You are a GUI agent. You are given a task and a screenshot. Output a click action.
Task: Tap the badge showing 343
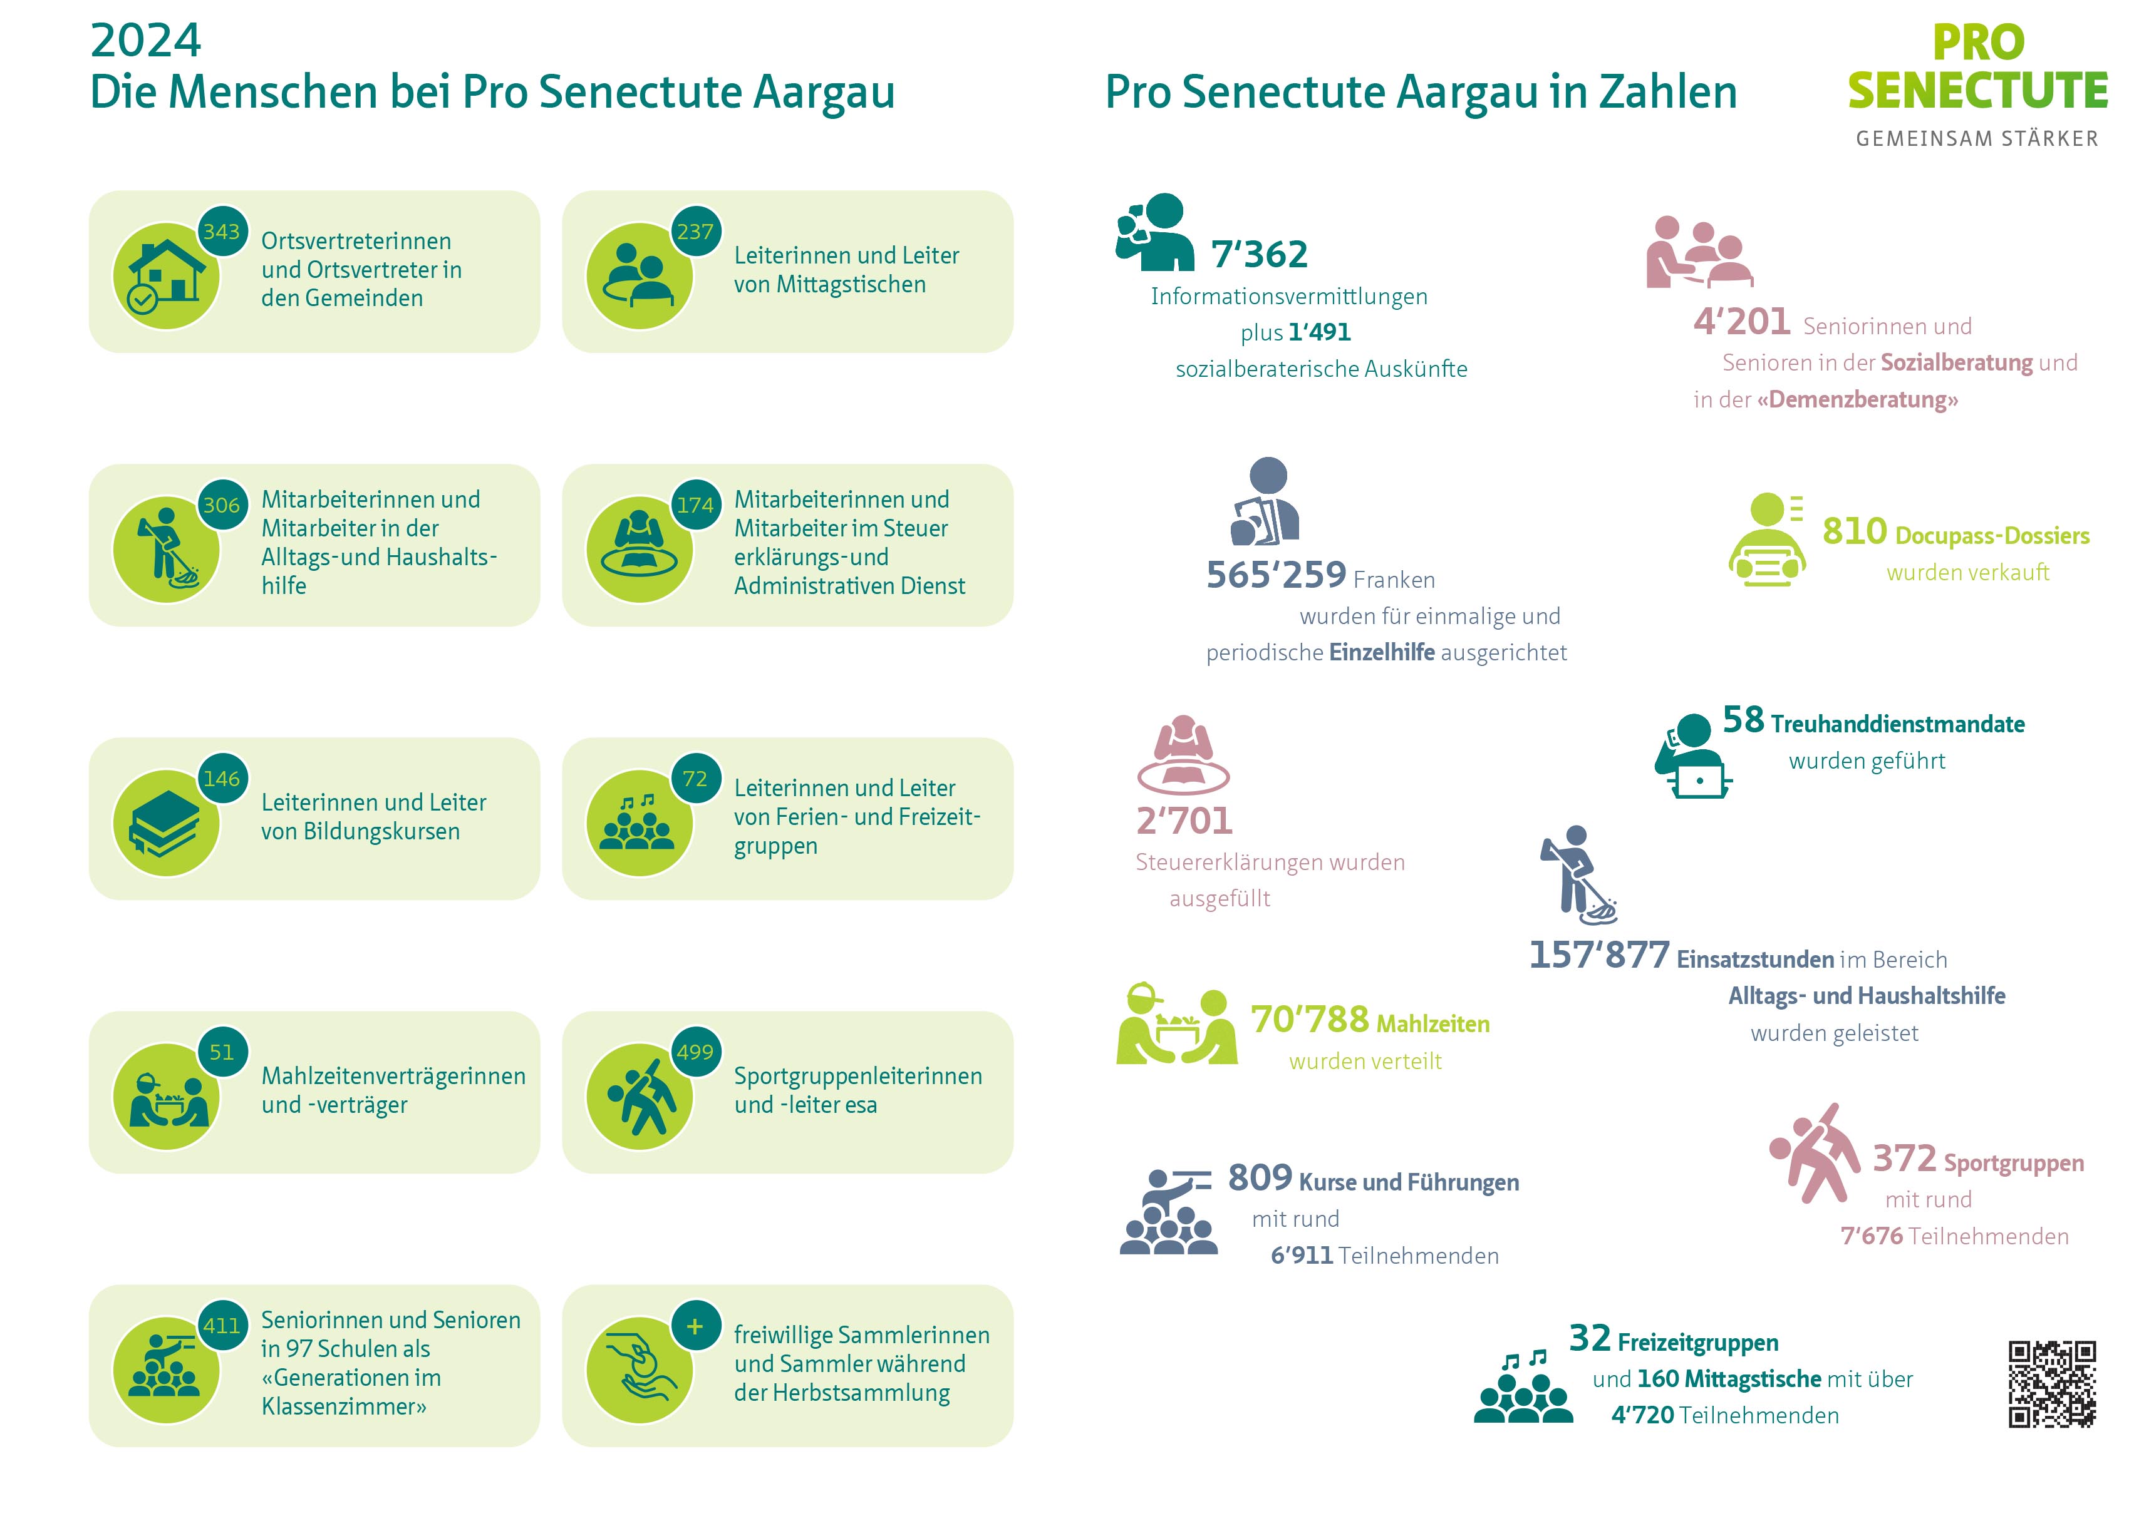[222, 231]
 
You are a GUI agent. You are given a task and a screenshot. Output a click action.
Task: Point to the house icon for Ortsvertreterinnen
[166, 276]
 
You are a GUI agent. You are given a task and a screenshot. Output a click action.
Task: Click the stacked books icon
[166, 823]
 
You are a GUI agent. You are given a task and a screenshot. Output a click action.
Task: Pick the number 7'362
[1259, 254]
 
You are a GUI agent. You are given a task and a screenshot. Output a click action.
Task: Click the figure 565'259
[1276, 574]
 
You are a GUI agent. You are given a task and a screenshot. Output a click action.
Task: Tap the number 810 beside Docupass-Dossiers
[1854, 531]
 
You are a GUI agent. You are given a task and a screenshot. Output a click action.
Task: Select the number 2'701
[1184, 821]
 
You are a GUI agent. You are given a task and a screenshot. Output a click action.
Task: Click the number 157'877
[1598, 955]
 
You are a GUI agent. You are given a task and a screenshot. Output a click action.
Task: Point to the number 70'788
[1310, 1019]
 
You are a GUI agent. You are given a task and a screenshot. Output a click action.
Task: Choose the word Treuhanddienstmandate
[1897, 724]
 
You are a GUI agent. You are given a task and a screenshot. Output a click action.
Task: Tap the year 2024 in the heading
[145, 40]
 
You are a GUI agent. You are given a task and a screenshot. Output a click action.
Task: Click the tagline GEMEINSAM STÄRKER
[1976, 139]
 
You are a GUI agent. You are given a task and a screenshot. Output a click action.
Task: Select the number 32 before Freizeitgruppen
[1589, 1338]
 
